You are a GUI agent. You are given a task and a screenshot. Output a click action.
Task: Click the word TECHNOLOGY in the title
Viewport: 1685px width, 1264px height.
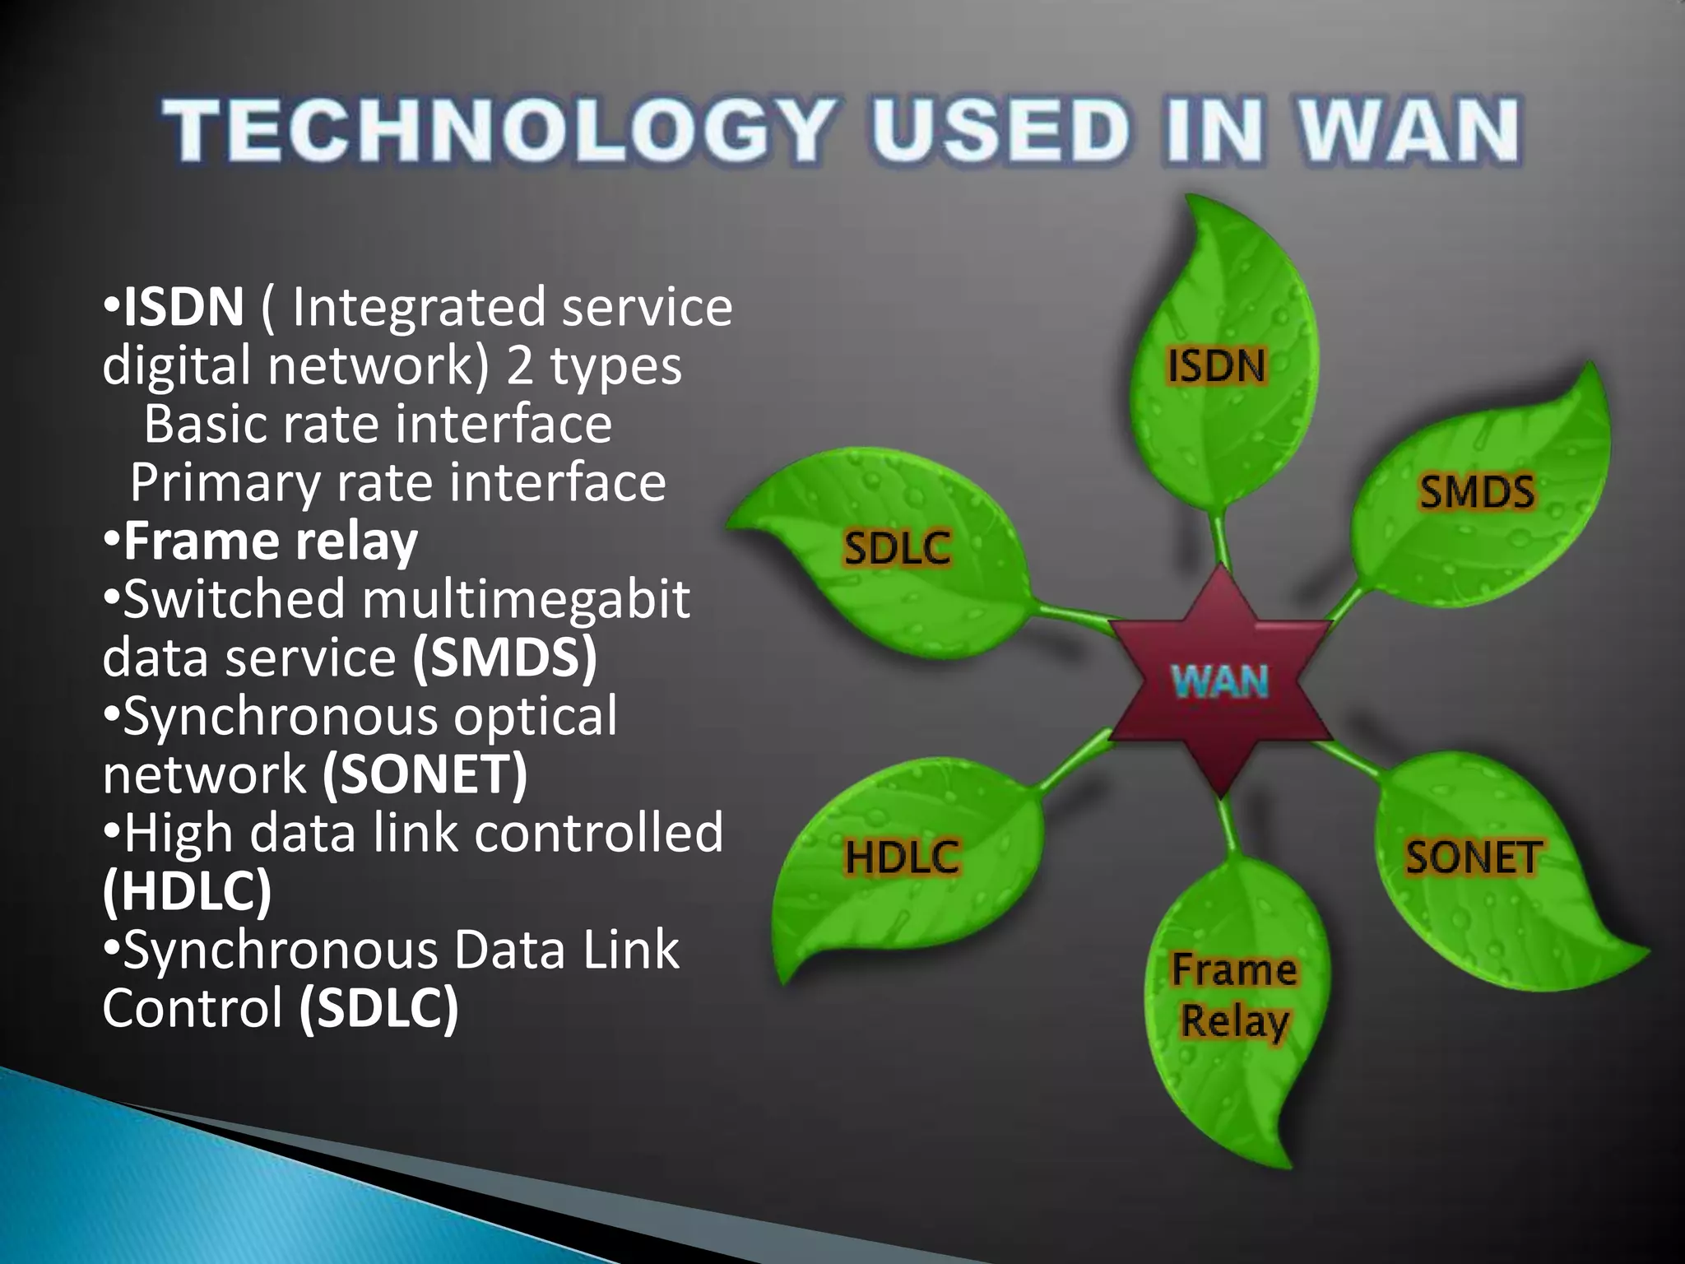497,130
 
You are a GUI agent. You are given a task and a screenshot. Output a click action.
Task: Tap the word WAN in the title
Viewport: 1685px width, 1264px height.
1408,130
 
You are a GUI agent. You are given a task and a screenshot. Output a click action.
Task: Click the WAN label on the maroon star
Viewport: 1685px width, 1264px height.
1220,681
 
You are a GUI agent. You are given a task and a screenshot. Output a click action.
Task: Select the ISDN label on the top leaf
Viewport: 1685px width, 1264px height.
1217,365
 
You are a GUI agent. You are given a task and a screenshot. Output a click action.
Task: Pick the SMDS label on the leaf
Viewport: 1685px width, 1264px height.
1477,492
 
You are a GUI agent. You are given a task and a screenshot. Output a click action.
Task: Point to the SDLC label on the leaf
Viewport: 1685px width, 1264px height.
898,548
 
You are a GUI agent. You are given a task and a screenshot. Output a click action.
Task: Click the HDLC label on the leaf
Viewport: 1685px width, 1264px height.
903,857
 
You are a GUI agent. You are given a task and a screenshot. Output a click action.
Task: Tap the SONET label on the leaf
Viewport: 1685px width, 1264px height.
1473,857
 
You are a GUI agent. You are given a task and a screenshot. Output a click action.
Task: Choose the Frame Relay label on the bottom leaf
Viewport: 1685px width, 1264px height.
1234,995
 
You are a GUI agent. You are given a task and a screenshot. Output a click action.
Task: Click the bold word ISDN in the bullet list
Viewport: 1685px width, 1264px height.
183,307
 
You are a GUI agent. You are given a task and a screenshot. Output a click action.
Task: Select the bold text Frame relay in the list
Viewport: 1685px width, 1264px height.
271,541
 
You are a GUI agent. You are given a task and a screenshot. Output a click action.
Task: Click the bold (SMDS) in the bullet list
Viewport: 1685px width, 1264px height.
504,658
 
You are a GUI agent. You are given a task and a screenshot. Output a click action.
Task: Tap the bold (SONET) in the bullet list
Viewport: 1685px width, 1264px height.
425,775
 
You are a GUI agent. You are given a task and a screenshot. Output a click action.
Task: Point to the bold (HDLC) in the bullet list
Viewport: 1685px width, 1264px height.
187,892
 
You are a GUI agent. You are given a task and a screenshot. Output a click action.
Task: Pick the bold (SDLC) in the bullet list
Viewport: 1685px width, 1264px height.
378,1009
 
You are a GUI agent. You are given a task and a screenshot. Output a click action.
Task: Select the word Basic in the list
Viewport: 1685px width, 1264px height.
205,425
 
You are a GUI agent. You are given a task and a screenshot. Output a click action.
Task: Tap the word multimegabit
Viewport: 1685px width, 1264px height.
526,600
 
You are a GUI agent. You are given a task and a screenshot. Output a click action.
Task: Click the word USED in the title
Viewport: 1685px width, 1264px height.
1000,130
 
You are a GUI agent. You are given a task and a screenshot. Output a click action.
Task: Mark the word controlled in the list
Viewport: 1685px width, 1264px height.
599,834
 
